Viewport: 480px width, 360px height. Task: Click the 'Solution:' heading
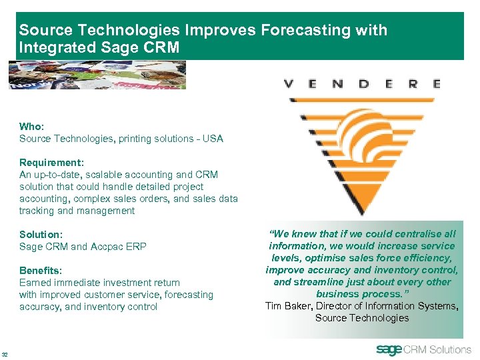click(x=41, y=235)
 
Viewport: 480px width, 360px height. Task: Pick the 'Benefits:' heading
click(x=41, y=271)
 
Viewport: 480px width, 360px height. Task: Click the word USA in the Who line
click(x=214, y=139)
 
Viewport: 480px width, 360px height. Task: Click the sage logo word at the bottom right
click(x=389, y=349)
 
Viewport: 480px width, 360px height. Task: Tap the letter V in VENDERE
click(x=289, y=84)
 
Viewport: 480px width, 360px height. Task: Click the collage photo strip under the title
click(x=97, y=75)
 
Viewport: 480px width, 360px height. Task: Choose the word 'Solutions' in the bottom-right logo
click(x=450, y=349)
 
